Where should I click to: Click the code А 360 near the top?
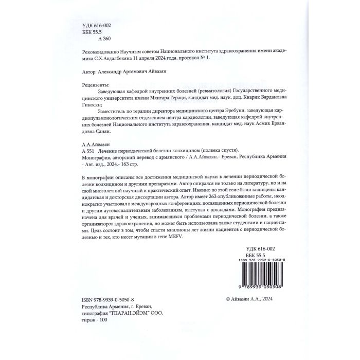(104, 39)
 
